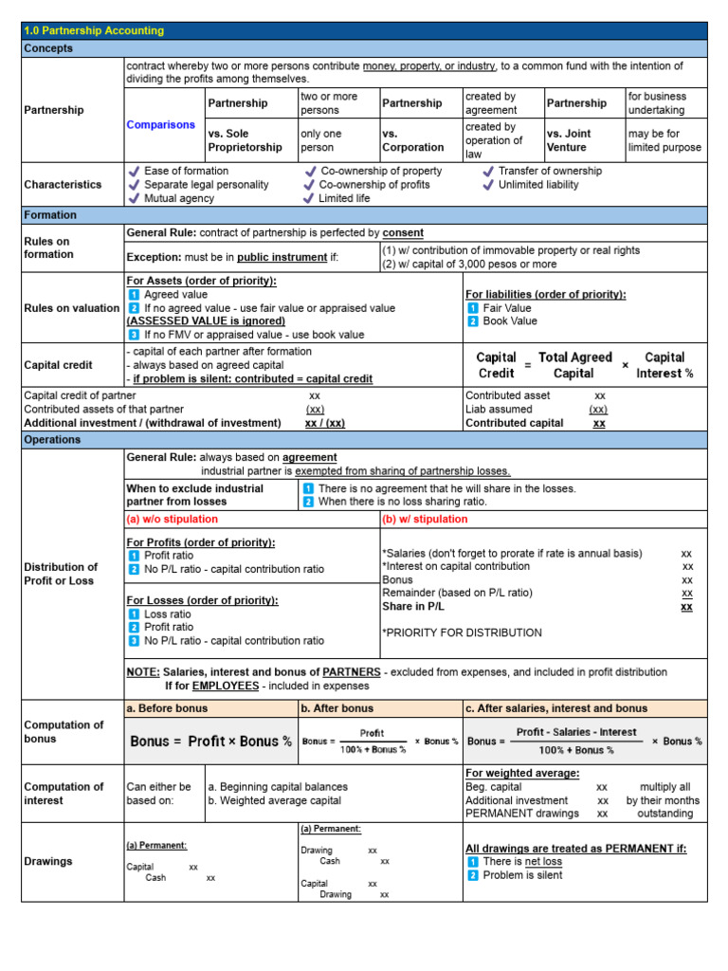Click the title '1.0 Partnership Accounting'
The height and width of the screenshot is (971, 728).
pyautogui.click(x=94, y=30)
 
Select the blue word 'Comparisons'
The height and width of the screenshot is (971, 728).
pyautogui.click(x=161, y=124)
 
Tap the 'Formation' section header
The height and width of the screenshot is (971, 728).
pyautogui.click(x=51, y=215)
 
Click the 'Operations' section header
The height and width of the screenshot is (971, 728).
pyautogui.click(x=53, y=440)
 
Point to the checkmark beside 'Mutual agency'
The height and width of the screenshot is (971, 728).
pyautogui.click(x=134, y=198)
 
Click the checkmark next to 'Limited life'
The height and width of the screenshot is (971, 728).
pyautogui.click(x=308, y=198)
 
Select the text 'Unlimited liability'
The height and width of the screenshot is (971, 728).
pyautogui.click(x=538, y=185)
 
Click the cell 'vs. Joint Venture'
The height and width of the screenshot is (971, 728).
pyautogui.click(x=579, y=140)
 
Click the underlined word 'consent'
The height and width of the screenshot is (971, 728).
pyautogui.click(x=404, y=232)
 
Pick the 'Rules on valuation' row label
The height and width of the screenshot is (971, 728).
pyautogui.click(x=72, y=308)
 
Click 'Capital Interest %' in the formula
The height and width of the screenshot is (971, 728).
pyautogui.click(x=664, y=365)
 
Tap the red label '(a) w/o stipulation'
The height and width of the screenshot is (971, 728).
pyautogui.click(x=173, y=519)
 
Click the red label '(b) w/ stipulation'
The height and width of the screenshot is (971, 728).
pyautogui.click(x=426, y=519)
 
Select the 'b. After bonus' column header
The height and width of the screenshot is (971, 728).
pyautogui.click(x=337, y=707)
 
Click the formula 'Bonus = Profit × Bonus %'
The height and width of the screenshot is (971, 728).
pyautogui.click(x=210, y=742)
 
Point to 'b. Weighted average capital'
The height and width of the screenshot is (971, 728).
pyautogui.click(x=278, y=800)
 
